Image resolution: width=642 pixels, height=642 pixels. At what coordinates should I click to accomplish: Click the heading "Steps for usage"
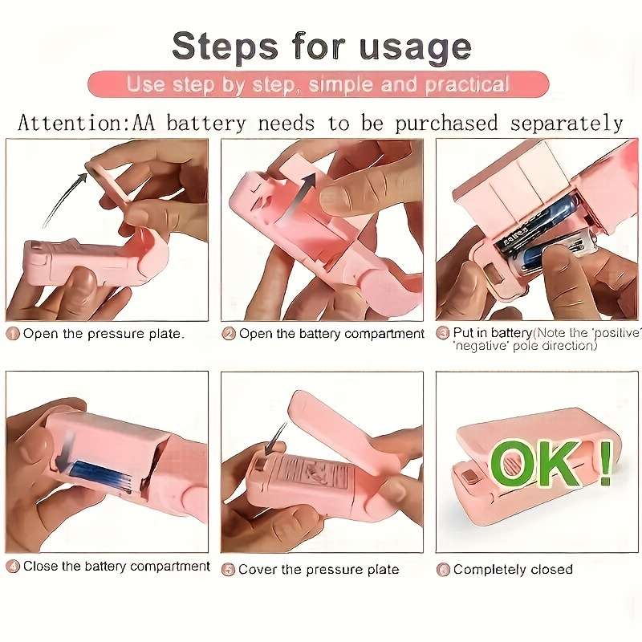coord(321,46)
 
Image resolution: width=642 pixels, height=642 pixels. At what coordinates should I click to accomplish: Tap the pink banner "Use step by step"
coord(319,84)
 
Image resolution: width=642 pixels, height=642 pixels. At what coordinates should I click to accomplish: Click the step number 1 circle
coord(13,334)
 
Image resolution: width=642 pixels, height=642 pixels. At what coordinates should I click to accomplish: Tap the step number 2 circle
coord(229,334)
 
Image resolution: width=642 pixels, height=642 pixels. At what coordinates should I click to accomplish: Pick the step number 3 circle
coord(443,333)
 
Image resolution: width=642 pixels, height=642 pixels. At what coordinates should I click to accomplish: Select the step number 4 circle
coord(13,567)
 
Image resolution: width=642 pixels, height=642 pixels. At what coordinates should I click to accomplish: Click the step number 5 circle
coord(229,569)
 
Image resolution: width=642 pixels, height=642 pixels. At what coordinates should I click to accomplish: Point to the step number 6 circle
coord(443,569)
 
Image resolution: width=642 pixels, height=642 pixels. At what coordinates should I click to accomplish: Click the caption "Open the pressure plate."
coord(103,334)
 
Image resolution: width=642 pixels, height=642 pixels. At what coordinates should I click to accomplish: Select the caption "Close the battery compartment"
coord(116,567)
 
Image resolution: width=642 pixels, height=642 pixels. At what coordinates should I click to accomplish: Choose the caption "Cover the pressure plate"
coord(319,569)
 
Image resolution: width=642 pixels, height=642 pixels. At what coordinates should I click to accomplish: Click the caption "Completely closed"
coord(513,569)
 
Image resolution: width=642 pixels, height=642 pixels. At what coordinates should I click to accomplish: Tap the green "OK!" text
coord(550,464)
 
